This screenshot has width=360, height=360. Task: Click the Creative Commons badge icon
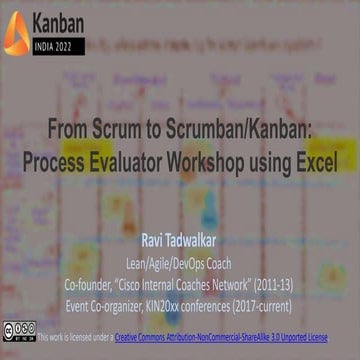pyautogui.click(x=19, y=333)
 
